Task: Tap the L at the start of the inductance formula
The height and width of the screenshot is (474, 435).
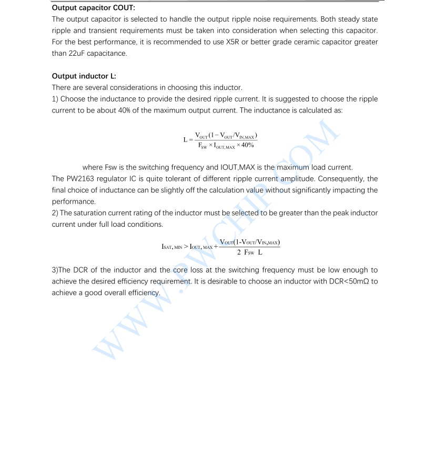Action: pos(185,140)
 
